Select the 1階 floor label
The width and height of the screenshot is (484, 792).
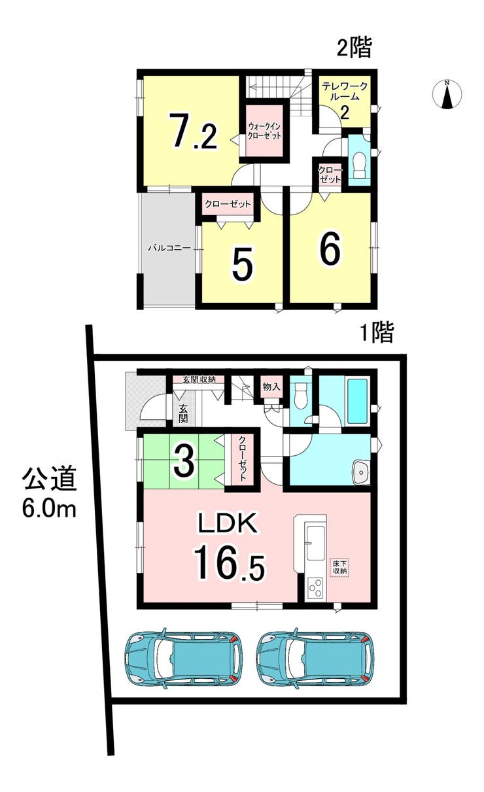[376, 333]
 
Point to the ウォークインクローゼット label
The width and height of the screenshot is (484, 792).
[264, 131]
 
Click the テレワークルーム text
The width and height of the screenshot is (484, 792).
[344, 91]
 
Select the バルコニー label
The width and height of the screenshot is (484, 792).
[169, 247]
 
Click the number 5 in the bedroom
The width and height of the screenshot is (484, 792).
[243, 264]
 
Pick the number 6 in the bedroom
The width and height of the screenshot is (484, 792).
[330, 249]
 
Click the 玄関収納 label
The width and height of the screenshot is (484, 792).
[199, 380]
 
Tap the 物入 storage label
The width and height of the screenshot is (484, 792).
[271, 387]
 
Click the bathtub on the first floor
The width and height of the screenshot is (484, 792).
[359, 402]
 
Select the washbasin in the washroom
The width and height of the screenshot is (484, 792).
[361, 472]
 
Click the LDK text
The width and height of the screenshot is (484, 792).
[228, 523]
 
